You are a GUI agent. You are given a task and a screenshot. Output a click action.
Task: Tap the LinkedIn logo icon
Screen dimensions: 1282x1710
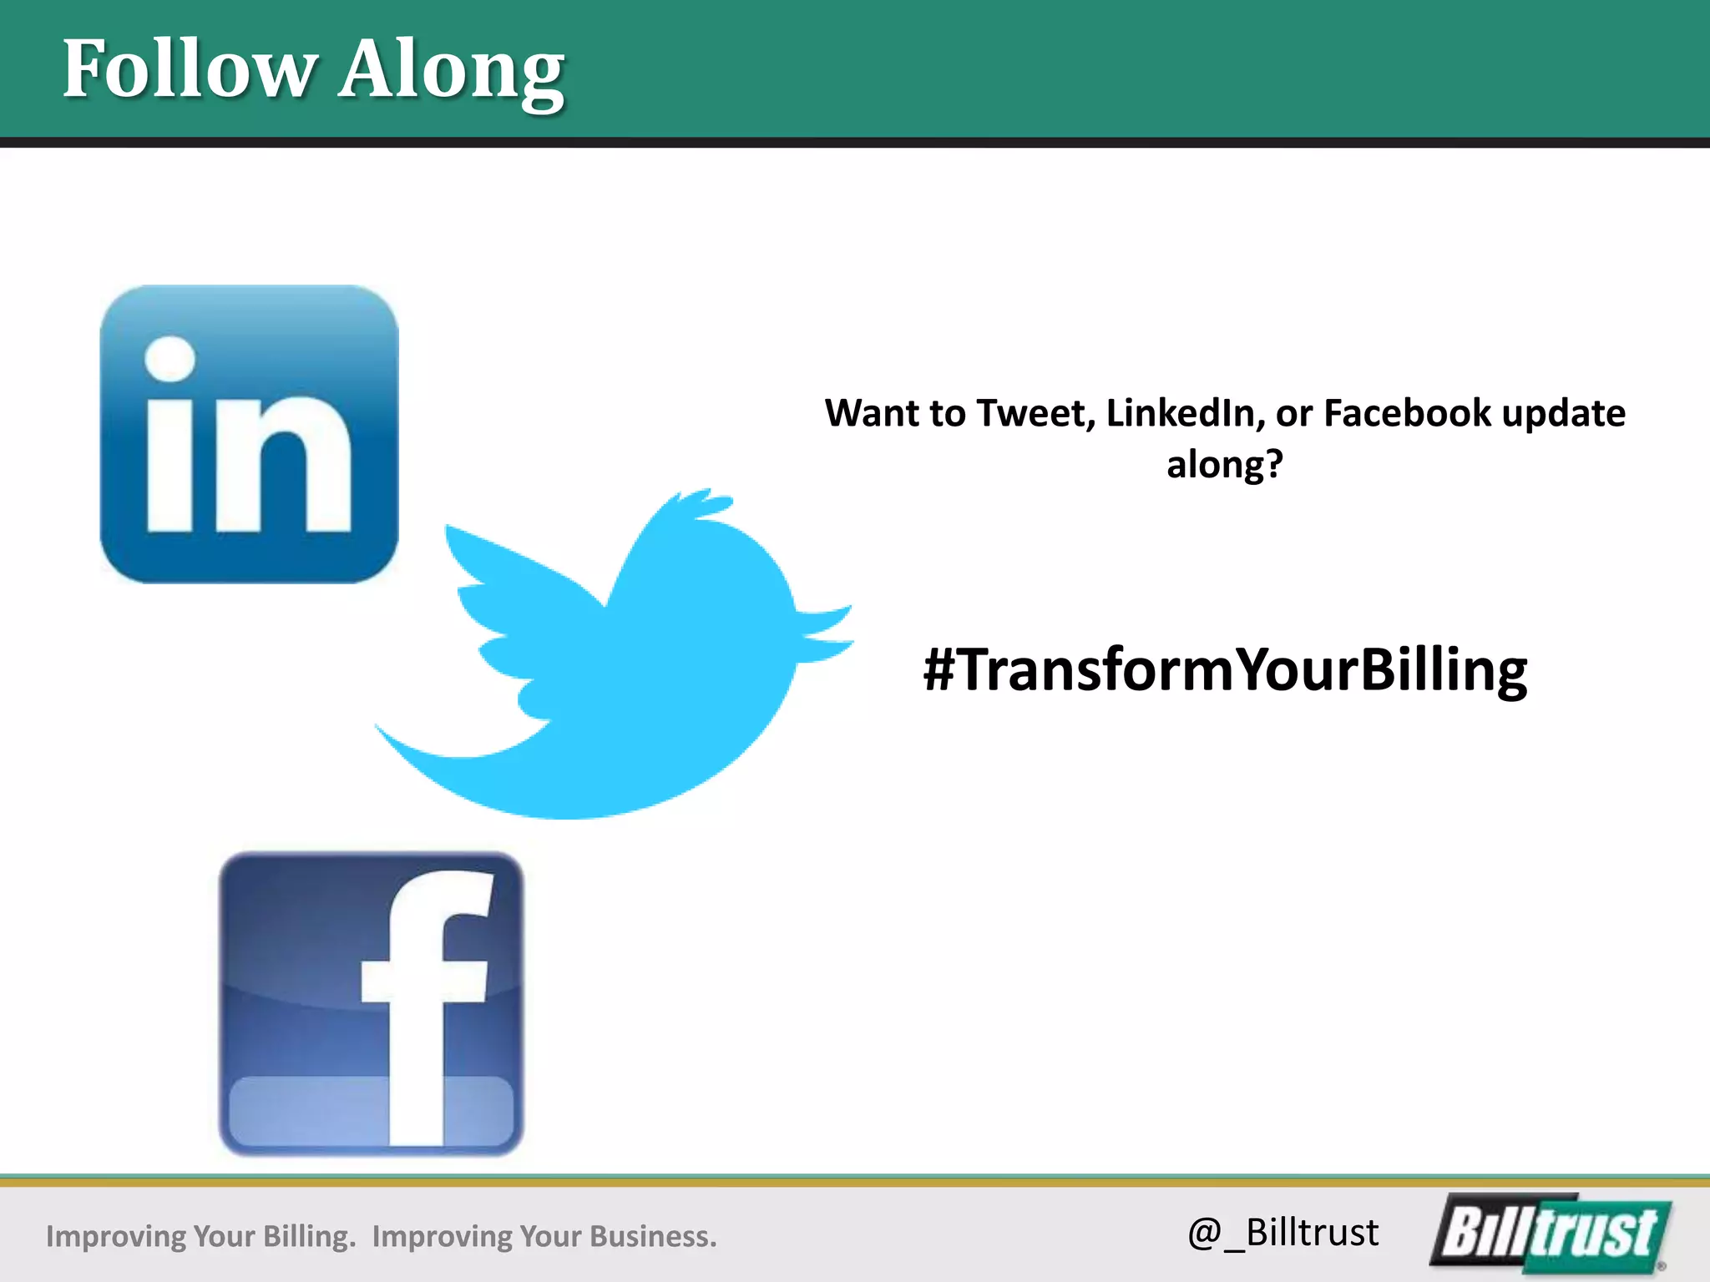[x=249, y=434]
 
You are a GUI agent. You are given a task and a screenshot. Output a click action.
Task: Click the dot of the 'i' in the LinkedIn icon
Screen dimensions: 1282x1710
[x=170, y=359]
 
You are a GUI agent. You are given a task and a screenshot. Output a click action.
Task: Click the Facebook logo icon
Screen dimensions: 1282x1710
[x=371, y=1003]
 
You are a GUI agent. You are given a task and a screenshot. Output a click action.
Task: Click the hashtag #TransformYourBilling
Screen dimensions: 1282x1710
[x=1225, y=670]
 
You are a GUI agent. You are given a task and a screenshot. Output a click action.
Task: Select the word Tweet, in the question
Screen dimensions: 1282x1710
[x=1035, y=414]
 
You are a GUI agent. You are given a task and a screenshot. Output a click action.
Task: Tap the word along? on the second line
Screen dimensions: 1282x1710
[x=1224, y=465]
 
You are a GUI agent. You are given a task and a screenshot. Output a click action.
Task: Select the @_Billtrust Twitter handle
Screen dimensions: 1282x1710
[x=1282, y=1233]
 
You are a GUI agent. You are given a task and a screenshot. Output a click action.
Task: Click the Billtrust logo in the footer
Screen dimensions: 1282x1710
[x=1550, y=1234]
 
